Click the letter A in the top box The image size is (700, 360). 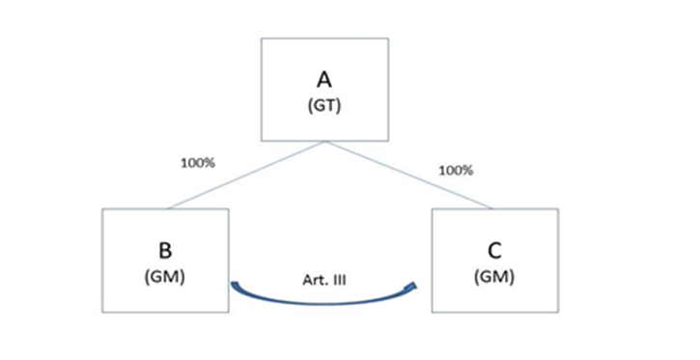(324, 80)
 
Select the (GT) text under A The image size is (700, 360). (324, 106)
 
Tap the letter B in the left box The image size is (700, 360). (165, 251)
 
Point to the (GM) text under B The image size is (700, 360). (165, 277)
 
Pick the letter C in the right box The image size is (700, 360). (494, 251)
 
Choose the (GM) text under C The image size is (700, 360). (494, 277)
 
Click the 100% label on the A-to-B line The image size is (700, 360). (198, 163)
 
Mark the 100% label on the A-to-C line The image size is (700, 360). (456, 171)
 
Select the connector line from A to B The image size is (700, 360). (247, 175)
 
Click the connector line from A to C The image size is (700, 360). (409, 175)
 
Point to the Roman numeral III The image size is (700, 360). (339, 280)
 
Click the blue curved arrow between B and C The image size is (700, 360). (324, 303)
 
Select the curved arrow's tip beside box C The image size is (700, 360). (415, 285)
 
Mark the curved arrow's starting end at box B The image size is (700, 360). (232, 284)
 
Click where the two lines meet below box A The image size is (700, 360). (325, 142)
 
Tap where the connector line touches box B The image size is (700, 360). (168, 208)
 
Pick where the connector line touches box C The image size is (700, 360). (493, 208)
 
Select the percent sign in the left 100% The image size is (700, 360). (210, 163)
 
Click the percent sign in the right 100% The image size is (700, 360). (468, 171)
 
